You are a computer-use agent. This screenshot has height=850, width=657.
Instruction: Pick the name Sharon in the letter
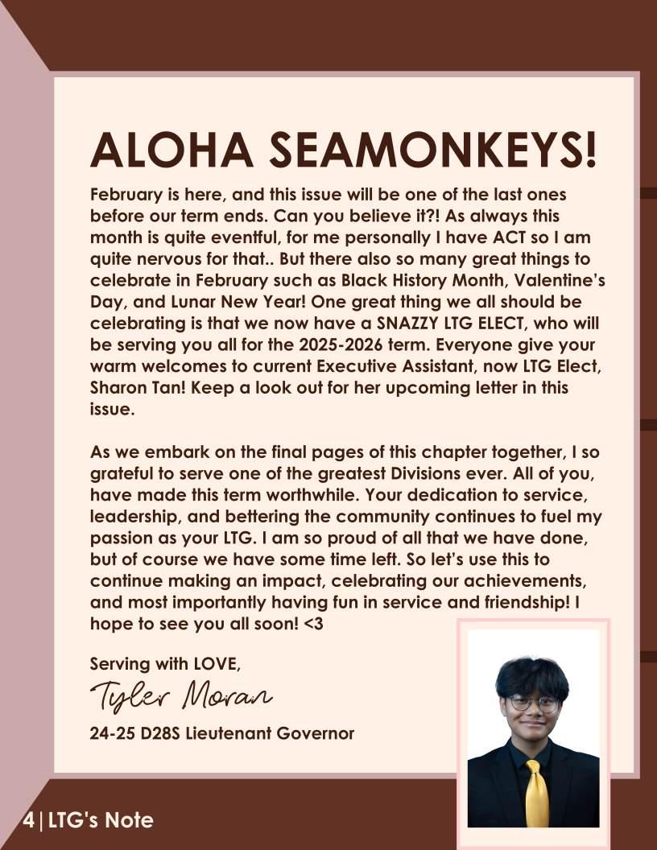pos(118,386)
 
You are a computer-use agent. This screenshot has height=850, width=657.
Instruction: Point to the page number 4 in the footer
pos(29,821)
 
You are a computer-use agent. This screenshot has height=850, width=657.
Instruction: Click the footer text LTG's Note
pos(101,821)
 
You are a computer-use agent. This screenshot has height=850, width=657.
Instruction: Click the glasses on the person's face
pos(533,703)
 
